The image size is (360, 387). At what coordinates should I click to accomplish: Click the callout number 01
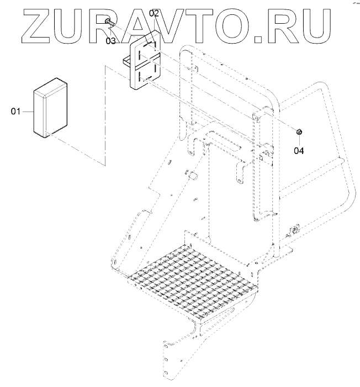(x=15, y=112)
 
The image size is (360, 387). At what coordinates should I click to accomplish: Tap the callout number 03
(x=111, y=40)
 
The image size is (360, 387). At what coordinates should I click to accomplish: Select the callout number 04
(x=298, y=149)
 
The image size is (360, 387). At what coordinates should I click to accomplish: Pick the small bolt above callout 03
(x=107, y=22)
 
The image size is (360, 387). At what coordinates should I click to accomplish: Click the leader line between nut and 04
(x=298, y=140)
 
